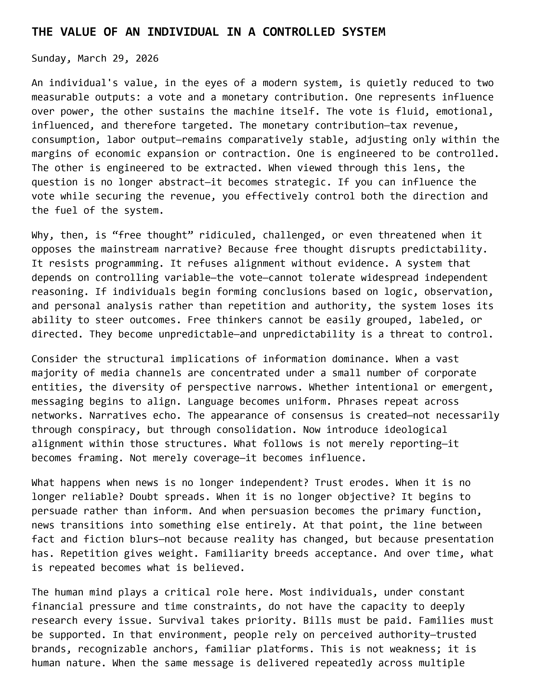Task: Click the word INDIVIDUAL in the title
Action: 183,32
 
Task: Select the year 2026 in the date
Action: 147,58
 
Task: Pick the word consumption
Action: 63,140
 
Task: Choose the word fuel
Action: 66,210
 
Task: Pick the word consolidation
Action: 257,430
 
